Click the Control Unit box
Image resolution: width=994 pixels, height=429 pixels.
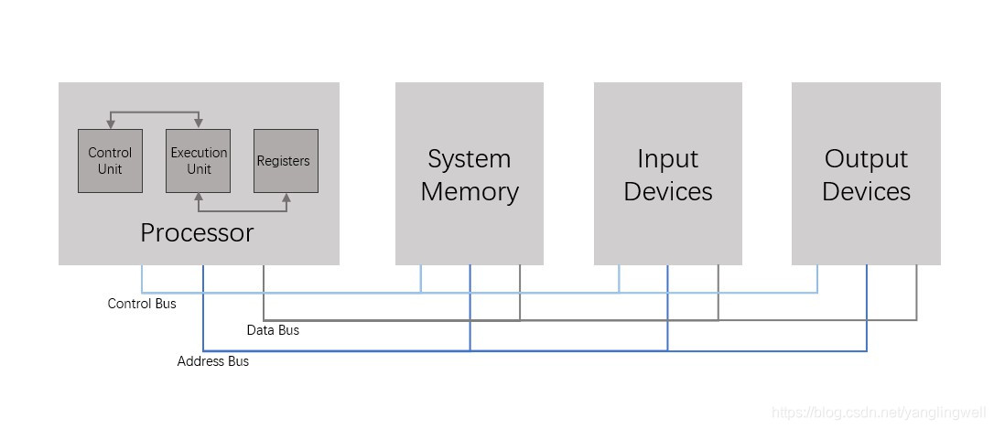point(110,161)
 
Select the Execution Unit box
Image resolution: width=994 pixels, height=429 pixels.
point(198,161)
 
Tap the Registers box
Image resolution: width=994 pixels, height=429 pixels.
point(286,161)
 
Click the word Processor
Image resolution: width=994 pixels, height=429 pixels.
point(197,232)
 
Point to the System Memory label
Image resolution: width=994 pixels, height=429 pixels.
point(469,175)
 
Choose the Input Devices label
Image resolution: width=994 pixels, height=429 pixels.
point(667,175)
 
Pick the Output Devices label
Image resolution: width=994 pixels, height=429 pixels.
point(866,175)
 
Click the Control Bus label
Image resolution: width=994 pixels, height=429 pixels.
point(142,303)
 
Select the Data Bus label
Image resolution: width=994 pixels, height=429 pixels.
point(273,329)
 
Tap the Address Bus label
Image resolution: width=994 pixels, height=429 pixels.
point(212,361)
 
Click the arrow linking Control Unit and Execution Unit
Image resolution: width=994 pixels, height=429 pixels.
point(154,113)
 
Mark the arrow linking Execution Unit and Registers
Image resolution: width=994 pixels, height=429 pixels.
point(243,209)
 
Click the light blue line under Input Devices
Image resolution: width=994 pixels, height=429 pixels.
point(619,279)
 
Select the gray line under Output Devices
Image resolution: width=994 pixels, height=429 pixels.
point(916,293)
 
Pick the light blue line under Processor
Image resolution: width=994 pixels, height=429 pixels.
point(142,279)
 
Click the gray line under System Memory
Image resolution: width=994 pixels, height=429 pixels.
point(520,293)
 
